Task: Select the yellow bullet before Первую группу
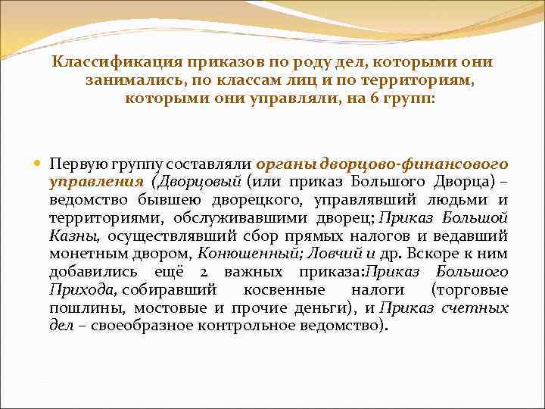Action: [x=39, y=164]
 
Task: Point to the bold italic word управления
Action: [x=96, y=182]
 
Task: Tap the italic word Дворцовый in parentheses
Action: [x=198, y=182]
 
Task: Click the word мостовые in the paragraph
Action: [x=177, y=308]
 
